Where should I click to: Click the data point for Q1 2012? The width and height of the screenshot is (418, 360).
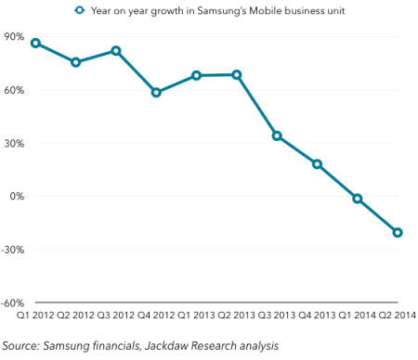[x=35, y=43]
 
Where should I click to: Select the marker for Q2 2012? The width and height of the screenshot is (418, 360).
[x=76, y=62]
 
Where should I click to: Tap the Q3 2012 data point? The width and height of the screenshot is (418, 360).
[x=116, y=50]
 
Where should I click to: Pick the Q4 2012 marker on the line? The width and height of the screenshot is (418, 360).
[x=156, y=93]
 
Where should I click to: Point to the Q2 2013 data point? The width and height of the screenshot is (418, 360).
[x=237, y=74]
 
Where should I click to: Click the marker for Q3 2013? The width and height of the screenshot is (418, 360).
[x=277, y=135]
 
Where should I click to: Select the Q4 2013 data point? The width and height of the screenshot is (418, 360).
[x=317, y=164]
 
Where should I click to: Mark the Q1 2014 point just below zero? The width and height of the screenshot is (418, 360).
[x=358, y=199]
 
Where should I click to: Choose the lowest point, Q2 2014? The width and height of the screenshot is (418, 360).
[x=398, y=233]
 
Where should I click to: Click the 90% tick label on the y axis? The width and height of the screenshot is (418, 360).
[x=15, y=37]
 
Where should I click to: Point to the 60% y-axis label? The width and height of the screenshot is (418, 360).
[x=15, y=90]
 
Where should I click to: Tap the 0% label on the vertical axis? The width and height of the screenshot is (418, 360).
[x=18, y=197]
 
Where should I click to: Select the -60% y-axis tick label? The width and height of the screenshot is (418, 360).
[x=13, y=303]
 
